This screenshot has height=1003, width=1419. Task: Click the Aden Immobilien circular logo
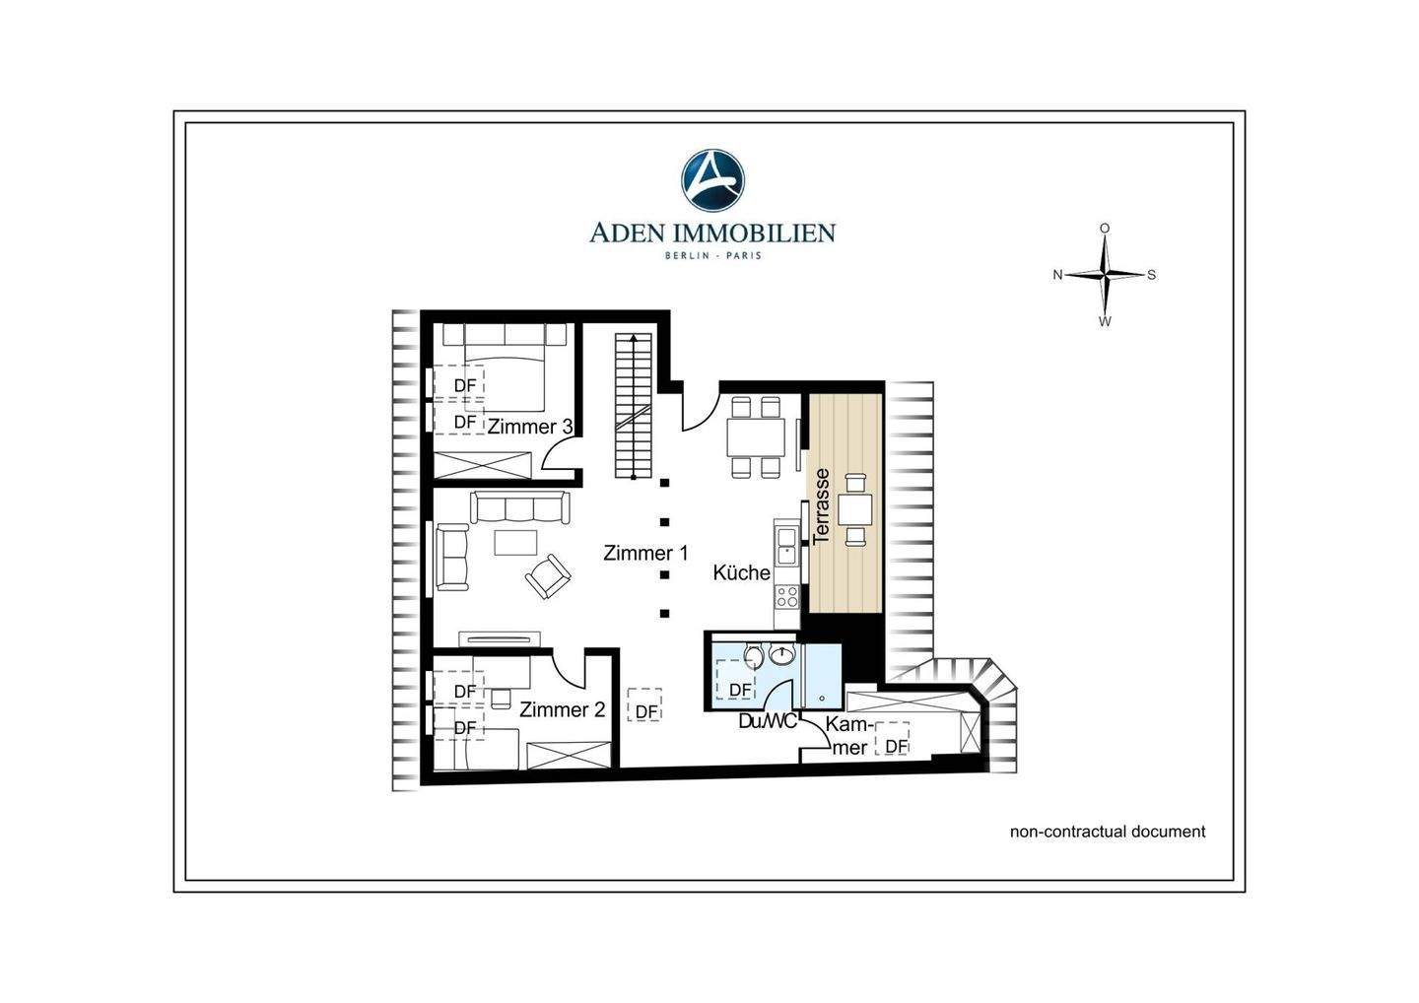712,180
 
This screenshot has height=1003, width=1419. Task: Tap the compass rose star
1105,274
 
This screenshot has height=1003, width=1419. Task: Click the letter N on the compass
1057,275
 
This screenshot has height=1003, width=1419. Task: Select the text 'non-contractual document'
1108,832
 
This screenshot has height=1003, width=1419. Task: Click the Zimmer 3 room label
529,427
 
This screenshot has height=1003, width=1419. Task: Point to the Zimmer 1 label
644,553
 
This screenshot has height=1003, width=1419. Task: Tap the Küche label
741,572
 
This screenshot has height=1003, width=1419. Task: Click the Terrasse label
821,505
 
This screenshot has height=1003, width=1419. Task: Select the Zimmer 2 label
562,709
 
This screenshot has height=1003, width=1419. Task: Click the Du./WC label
768,721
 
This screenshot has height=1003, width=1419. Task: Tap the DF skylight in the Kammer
892,739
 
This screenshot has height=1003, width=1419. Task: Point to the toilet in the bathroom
753,655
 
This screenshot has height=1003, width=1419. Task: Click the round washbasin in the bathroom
781,655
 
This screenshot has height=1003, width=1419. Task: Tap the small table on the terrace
855,509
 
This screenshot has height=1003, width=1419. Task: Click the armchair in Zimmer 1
548,575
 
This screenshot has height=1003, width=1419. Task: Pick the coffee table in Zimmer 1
515,542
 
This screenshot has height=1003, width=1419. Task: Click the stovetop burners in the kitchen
787,596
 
